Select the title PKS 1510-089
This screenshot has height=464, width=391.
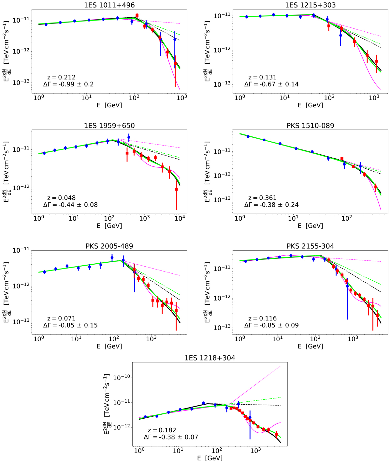point(310,126)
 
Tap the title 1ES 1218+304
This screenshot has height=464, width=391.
point(210,358)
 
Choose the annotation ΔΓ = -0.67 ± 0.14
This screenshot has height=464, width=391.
point(271,84)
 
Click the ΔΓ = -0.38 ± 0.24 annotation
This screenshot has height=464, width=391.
point(271,205)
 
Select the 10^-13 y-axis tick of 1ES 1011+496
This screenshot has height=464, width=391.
point(23,83)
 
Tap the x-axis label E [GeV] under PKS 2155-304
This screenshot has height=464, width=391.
point(310,346)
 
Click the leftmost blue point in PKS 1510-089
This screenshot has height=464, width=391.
point(248,136)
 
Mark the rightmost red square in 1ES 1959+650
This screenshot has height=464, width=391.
point(176,189)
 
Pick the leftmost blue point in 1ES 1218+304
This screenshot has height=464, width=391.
point(145,417)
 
